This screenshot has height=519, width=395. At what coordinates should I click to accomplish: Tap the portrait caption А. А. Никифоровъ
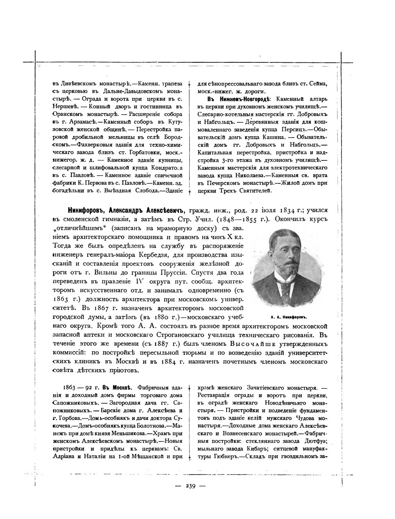point(289,317)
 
